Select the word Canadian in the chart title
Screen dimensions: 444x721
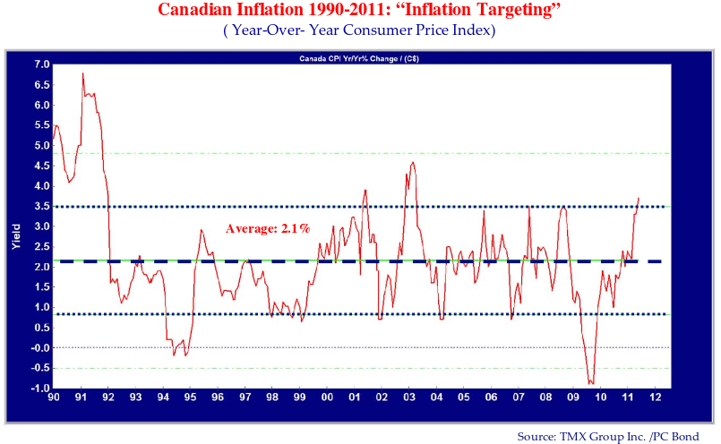click(x=199, y=11)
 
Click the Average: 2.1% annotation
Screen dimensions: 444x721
click(x=268, y=229)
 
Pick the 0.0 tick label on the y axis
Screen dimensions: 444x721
click(x=41, y=348)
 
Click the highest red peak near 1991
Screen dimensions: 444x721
click(x=82, y=73)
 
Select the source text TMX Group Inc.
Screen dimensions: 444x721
click(x=595, y=436)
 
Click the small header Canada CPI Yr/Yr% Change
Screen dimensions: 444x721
click(x=358, y=59)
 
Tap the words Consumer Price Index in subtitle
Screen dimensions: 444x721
click(x=419, y=30)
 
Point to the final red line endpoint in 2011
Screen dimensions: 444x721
click(x=639, y=198)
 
